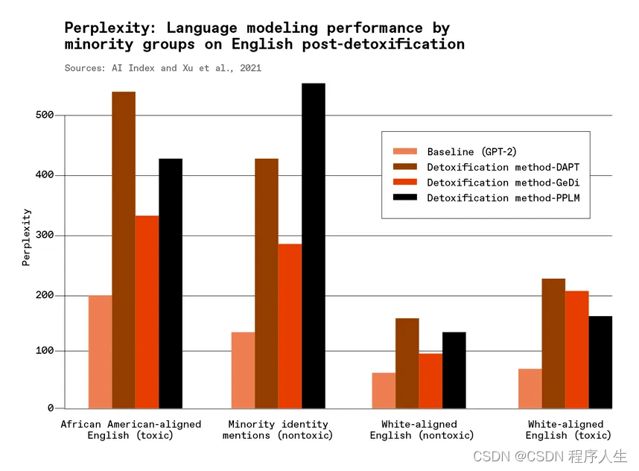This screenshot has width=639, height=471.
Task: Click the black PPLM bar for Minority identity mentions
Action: pyautogui.click(x=314, y=246)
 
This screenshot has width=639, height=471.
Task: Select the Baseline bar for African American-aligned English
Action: pyautogui.click(x=100, y=352)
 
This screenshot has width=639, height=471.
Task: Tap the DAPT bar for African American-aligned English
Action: pyautogui.click(x=124, y=250)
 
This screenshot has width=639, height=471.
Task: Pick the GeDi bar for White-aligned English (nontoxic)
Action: pyautogui.click(x=430, y=381)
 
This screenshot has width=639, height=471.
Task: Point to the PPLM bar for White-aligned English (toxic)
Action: pyautogui.click(x=600, y=362)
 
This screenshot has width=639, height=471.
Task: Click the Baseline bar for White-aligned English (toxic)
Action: pyautogui.click(x=530, y=388)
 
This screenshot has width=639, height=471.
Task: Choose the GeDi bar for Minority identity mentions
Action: pyautogui.click(x=290, y=326)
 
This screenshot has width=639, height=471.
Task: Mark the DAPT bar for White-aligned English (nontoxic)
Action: pyautogui.click(x=407, y=364)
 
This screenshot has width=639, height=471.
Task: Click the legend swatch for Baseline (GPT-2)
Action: pyautogui.click(x=404, y=151)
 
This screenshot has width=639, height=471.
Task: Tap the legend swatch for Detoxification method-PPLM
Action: pyautogui.click(x=404, y=197)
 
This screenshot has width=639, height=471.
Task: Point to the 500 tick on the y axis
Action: pyautogui.click(x=45, y=116)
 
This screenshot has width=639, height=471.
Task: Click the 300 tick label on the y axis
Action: pyautogui.click(x=45, y=235)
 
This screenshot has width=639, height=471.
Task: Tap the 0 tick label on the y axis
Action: pyautogui.click(x=51, y=408)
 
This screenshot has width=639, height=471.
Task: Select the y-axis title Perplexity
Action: pyautogui.click(x=27, y=237)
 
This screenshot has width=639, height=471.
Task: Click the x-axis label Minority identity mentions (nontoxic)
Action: pyautogui.click(x=278, y=430)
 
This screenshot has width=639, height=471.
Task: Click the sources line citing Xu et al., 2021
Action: pyautogui.click(x=163, y=68)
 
